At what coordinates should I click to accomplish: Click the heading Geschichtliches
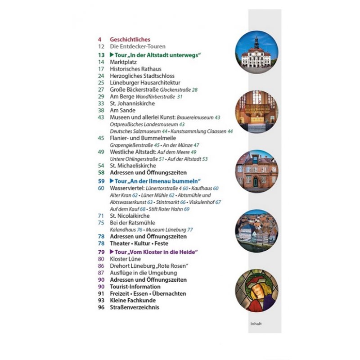(x=130, y=40)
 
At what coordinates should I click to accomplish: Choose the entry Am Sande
(x=122, y=110)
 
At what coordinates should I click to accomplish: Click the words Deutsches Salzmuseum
(x=129, y=131)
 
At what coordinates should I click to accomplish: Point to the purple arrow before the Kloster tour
(x=112, y=252)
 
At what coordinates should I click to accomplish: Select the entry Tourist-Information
(x=135, y=287)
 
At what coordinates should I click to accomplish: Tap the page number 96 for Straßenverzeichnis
(x=101, y=307)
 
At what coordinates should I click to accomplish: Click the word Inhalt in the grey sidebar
(x=256, y=323)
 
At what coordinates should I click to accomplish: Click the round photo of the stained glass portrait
(x=256, y=291)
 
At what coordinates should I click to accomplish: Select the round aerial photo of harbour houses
(x=256, y=231)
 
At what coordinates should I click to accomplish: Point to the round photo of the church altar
(x=256, y=112)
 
